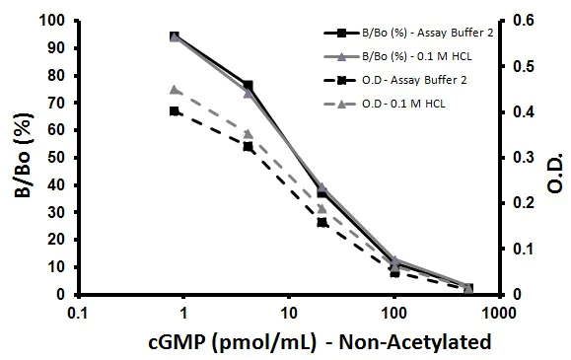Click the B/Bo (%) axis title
pyautogui.click(x=20, y=157)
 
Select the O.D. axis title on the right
pyautogui.click(x=553, y=157)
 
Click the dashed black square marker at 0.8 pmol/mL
pyautogui.click(x=175, y=111)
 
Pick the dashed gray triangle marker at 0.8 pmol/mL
pyautogui.click(x=175, y=90)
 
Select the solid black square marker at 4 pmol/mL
pyautogui.click(x=248, y=86)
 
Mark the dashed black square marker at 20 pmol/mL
pyautogui.click(x=321, y=223)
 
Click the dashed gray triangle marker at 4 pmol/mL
pyautogui.click(x=248, y=134)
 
